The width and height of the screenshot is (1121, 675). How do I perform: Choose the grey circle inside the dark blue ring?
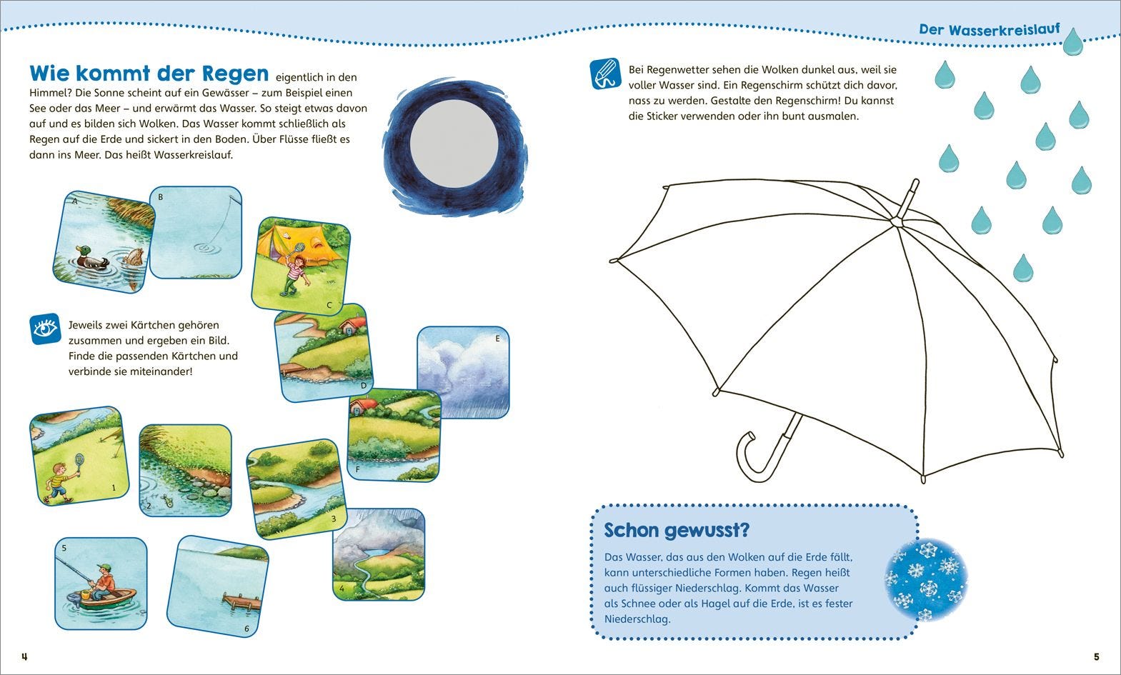tap(454, 144)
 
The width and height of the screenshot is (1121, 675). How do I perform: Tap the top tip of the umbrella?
tap(916, 181)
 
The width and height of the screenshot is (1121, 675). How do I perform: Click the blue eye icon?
tap(45, 329)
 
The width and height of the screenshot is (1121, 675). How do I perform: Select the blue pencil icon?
tap(606, 74)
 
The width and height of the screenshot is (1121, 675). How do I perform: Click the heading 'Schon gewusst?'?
tap(677, 531)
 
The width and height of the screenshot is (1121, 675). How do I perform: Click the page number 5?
tap(1097, 657)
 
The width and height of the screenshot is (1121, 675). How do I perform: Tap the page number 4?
tap(24, 657)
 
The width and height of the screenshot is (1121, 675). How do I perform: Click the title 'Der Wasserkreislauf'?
tap(990, 29)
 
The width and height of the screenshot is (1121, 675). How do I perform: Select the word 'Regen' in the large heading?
tap(235, 73)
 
